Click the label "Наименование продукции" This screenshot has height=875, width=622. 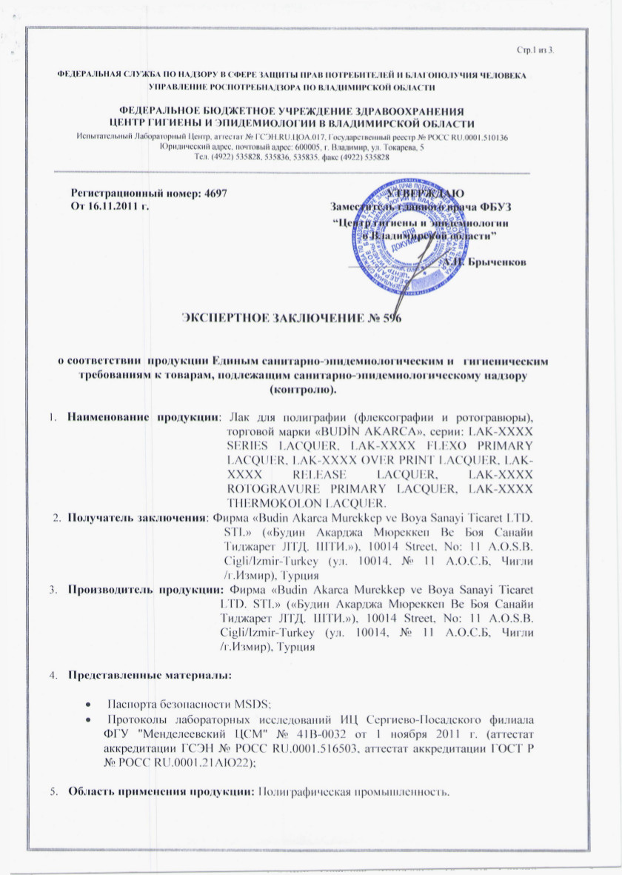[x=144, y=417]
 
